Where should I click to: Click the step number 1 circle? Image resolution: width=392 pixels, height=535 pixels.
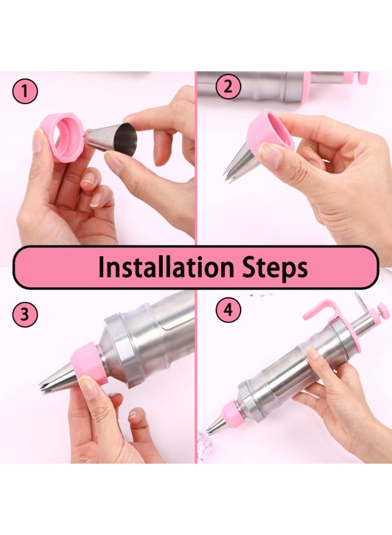pos(25,91)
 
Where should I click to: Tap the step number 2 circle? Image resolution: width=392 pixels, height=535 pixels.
pos(228,86)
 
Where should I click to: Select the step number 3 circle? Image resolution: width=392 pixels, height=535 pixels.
pos(25,314)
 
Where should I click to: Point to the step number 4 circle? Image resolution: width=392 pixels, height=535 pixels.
pos(228,310)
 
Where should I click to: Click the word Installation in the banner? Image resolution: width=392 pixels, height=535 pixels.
pos(166,267)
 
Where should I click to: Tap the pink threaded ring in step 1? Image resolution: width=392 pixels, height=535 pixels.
pos(62,137)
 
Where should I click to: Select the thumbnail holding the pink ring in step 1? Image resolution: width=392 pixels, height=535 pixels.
pos(38,140)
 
